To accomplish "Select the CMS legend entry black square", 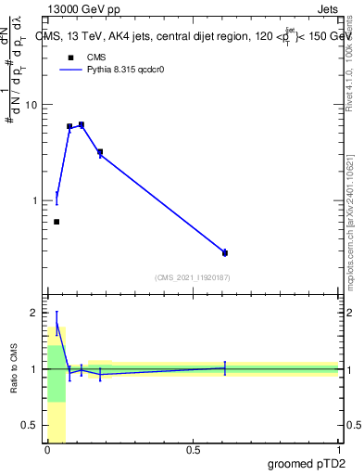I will tap(71, 58).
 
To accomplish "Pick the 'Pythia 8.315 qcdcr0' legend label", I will tap(129, 70).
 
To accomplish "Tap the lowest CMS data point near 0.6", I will tap(56, 222).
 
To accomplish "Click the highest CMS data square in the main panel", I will tap(82, 124).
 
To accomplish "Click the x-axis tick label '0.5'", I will tap(193, 450).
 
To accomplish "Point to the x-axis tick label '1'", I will tap(339, 450).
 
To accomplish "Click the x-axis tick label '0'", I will tap(47, 450).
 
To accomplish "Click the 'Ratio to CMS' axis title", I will tap(13, 369).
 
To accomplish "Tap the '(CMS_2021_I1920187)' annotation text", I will tap(193, 277).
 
